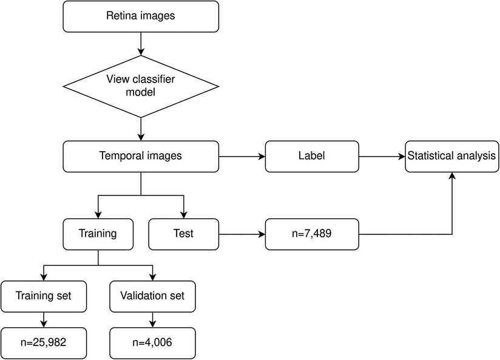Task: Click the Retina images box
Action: click(141, 16)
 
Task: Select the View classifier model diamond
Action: click(141, 85)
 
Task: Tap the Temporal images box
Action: click(141, 156)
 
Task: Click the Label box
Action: click(312, 156)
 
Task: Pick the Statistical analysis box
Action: click(452, 156)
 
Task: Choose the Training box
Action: click(98, 233)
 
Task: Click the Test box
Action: click(183, 233)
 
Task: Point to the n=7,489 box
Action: click(312, 234)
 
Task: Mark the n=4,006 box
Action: click(153, 342)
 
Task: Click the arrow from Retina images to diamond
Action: click(141, 42)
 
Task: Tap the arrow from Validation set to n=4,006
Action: click(153, 319)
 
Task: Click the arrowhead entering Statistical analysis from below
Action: click(451, 175)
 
